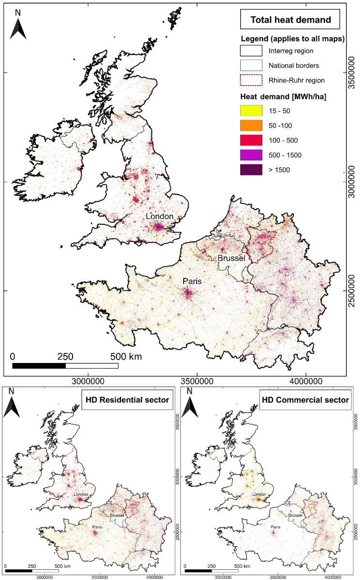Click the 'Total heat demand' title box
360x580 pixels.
(290, 20)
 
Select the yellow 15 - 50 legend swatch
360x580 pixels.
(251, 111)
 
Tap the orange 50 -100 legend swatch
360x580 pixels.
(251, 126)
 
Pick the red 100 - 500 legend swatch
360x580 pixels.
(251, 140)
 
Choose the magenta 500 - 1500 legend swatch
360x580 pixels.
(251, 155)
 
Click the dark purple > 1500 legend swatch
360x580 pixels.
(251, 170)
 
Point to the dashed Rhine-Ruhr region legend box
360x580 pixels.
(251, 80)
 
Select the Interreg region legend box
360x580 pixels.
(251, 50)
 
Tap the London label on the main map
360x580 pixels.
(160, 217)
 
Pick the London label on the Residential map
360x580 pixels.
(81, 494)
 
